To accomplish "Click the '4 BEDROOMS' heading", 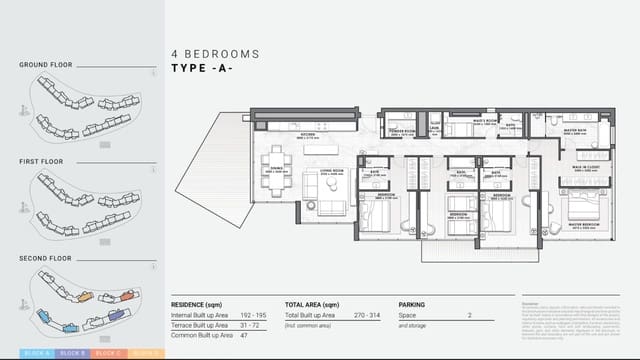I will [215, 53].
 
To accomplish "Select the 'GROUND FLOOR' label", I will [46, 66].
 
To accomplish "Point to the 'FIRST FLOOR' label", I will [42, 161].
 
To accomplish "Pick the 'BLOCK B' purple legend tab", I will [71, 354].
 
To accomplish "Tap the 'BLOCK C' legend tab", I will [108, 354].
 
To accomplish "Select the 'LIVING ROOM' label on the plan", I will [331, 171].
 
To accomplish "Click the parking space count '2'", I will [469, 316].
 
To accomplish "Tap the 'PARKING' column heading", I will [411, 304].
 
